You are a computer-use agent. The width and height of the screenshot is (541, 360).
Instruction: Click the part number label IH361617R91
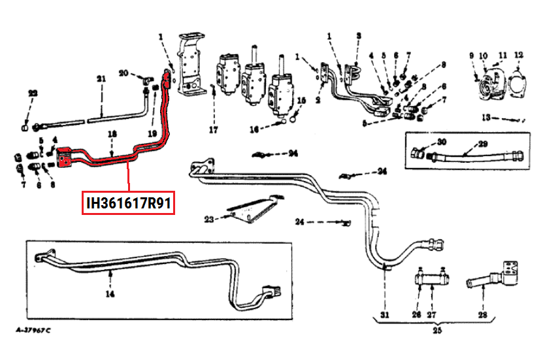tap(129, 203)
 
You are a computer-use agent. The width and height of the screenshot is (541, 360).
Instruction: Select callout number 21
tap(101, 79)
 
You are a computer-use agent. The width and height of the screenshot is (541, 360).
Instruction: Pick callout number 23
tap(208, 218)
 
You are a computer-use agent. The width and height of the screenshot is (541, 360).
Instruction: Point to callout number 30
tap(442, 142)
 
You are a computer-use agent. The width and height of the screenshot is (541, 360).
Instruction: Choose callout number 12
tap(518, 55)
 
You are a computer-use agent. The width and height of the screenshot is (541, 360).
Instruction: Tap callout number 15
tap(301, 101)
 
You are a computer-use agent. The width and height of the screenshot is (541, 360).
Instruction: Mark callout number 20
tap(124, 73)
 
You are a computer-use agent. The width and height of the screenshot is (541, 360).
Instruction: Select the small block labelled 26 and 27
tap(432, 282)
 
